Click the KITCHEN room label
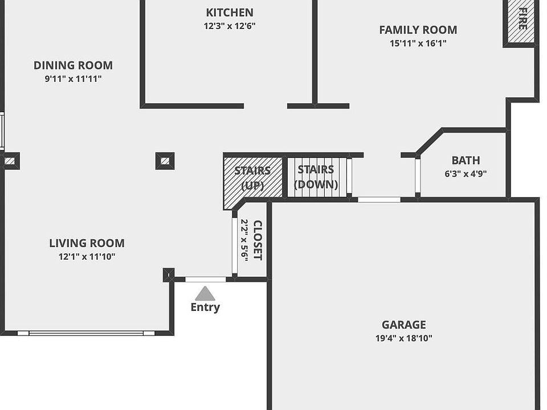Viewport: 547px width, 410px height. pos(229,13)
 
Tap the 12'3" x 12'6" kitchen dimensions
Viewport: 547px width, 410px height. pos(229,26)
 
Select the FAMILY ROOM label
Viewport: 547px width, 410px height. pos(418,30)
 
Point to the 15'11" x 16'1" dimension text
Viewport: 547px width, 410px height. pos(418,43)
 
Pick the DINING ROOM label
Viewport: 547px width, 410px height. pos(73,65)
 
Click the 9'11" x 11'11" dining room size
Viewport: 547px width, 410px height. pos(73,79)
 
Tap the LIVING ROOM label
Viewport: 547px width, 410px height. pos(87,243)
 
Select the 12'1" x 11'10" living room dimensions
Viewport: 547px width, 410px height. pos(87,257)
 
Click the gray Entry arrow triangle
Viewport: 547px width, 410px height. pos(205,294)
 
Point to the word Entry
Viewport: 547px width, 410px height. pos(205,307)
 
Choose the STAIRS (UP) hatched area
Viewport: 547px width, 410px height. pos(253,178)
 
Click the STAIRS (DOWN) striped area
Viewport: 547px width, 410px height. pos(317,177)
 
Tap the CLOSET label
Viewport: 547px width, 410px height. pos(258,240)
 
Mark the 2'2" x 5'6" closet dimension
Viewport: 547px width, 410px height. pos(244,240)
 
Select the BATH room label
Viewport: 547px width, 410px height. pos(466,161)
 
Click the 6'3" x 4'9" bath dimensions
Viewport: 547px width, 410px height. pos(466,174)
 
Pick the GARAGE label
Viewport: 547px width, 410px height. pos(403,325)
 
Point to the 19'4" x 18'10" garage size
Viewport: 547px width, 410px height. pos(403,338)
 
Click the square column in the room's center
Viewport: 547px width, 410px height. pos(165,161)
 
